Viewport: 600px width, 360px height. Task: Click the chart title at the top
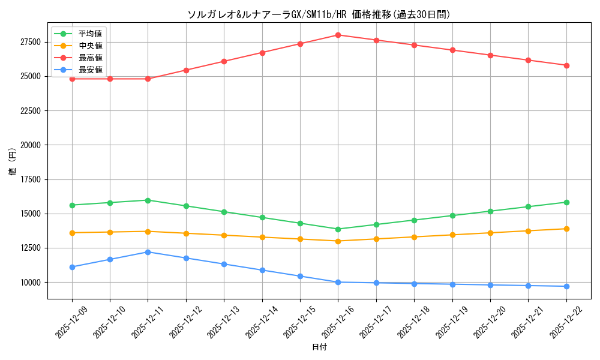(319, 14)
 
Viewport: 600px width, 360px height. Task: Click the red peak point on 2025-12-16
(338, 35)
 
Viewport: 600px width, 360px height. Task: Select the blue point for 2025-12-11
(148, 252)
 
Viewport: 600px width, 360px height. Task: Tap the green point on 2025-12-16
(338, 229)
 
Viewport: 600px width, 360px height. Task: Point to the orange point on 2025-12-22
(566, 229)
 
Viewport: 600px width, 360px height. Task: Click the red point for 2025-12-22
(566, 65)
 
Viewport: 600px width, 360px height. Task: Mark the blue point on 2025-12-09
(72, 267)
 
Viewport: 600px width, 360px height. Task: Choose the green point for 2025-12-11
(148, 200)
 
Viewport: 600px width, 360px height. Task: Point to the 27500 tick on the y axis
(30, 42)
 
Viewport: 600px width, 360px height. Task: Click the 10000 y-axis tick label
(30, 282)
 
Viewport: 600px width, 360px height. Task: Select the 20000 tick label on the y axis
(30, 145)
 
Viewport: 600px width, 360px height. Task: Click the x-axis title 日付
(319, 347)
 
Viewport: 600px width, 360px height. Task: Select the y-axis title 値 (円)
(13, 162)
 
